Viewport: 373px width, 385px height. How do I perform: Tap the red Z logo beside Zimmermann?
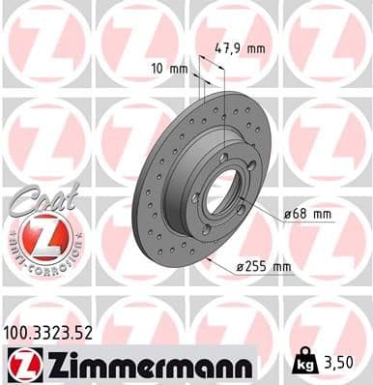(18, 366)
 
